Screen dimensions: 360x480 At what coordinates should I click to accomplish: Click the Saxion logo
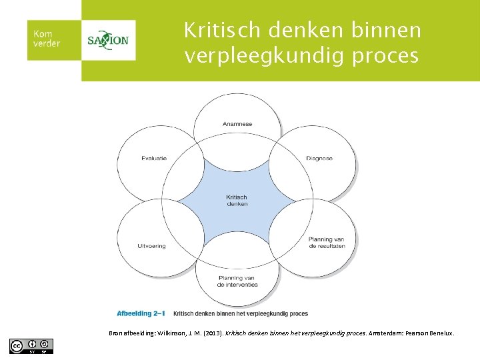coord(108,40)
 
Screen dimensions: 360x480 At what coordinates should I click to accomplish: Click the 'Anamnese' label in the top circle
coord(237,123)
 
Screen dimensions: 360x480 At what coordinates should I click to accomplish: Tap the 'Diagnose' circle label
coord(319,158)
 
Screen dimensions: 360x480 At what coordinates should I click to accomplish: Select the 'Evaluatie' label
coord(154,158)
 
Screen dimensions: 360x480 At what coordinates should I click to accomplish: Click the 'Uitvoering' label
coord(151,245)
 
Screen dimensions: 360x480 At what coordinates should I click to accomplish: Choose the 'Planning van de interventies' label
coord(237,281)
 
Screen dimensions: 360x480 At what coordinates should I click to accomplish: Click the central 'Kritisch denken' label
coord(237,200)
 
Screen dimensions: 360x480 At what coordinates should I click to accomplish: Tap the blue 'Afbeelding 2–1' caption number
coord(141,313)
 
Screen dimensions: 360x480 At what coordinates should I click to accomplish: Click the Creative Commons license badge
coord(31,346)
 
